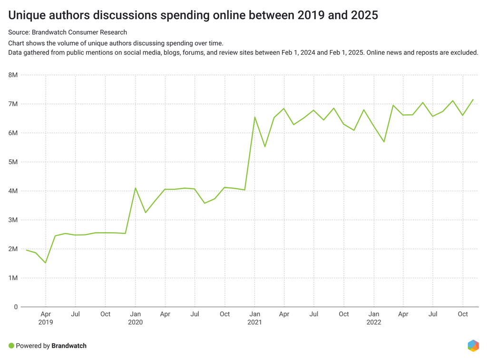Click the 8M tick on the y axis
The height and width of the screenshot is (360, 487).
[x=13, y=75]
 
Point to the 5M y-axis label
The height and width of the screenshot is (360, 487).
[x=13, y=162]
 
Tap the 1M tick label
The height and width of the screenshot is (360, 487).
[x=13, y=278]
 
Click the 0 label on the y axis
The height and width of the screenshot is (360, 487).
[x=16, y=307]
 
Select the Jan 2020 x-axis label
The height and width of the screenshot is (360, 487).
[x=136, y=318]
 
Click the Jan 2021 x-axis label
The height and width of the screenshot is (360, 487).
[x=255, y=318]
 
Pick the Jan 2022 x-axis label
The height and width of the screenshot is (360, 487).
[x=374, y=318]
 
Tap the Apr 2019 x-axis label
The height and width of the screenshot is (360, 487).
[x=46, y=318]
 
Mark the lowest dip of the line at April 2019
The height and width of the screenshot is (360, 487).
[x=46, y=263]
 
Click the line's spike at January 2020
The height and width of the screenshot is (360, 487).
[x=136, y=188]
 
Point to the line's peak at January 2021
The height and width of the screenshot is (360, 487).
[x=255, y=117]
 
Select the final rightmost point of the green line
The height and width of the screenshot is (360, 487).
[x=473, y=100]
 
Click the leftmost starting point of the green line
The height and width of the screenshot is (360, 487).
[x=26, y=250]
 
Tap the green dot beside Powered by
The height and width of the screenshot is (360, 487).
[x=11, y=346]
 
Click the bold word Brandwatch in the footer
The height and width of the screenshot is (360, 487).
[x=69, y=346]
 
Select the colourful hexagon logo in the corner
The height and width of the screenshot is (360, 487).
[x=473, y=346]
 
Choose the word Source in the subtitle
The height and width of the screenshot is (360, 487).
[x=19, y=32]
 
